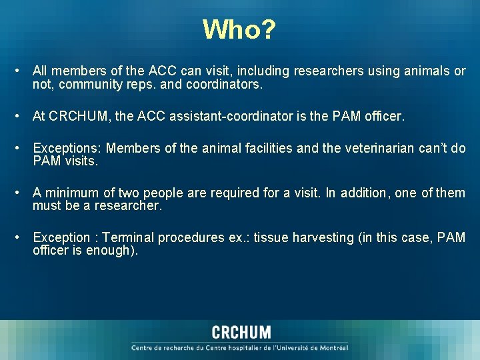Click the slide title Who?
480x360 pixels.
pyautogui.click(x=239, y=29)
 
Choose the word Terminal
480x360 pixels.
pyautogui.click(x=129, y=237)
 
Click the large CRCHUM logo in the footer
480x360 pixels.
pyautogui.click(x=241, y=332)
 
